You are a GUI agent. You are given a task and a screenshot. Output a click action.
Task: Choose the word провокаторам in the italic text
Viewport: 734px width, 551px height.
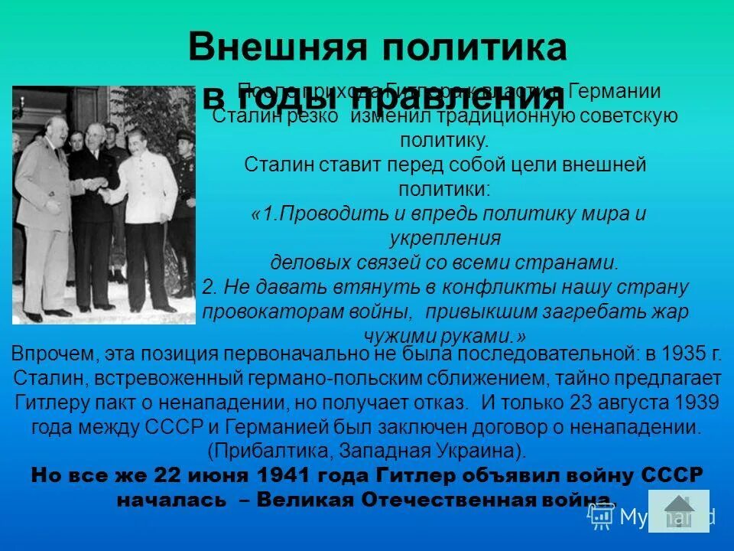click(x=260, y=312)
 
